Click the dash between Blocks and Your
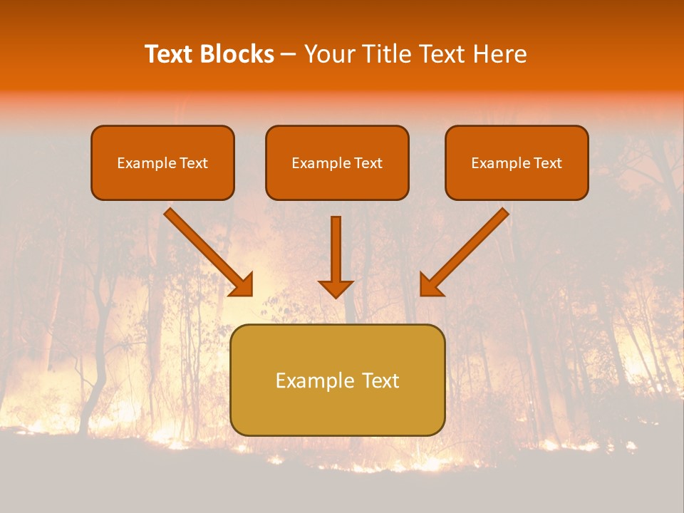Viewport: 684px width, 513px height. [x=289, y=55]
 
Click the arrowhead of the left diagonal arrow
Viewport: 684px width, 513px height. [x=242, y=286]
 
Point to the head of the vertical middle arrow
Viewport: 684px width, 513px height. [x=336, y=289]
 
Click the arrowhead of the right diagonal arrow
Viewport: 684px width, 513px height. [x=430, y=286]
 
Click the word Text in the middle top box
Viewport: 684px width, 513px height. [x=368, y=163]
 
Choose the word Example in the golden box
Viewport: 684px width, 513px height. [x=309, y=380]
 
